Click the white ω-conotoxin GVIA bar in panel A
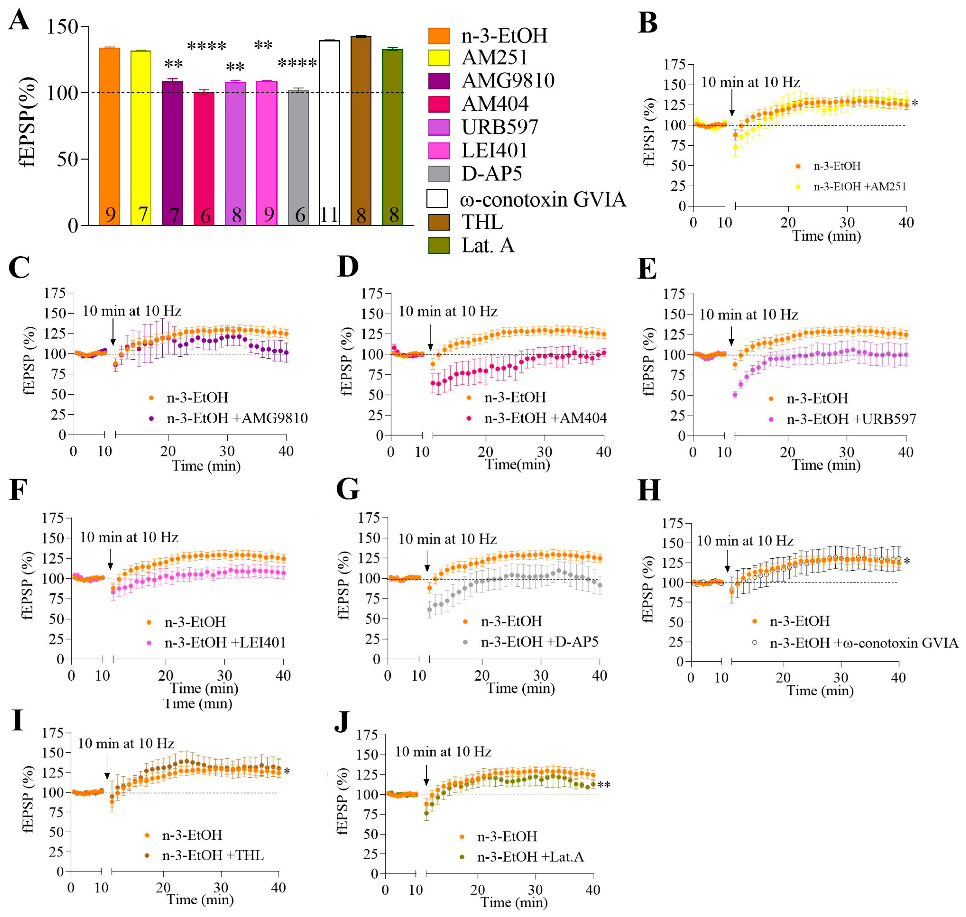click(330, 132)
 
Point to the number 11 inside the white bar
click(329, 215)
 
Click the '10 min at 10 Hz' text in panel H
click(745, 541)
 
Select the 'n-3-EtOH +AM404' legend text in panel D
click(545, 418)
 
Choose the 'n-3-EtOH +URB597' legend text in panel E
click(851, 419)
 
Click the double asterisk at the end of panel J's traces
click(604, 785)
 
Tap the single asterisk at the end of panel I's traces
click(287, 772)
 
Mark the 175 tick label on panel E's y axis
click(674, 294)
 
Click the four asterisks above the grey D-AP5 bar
click(297, 64)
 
